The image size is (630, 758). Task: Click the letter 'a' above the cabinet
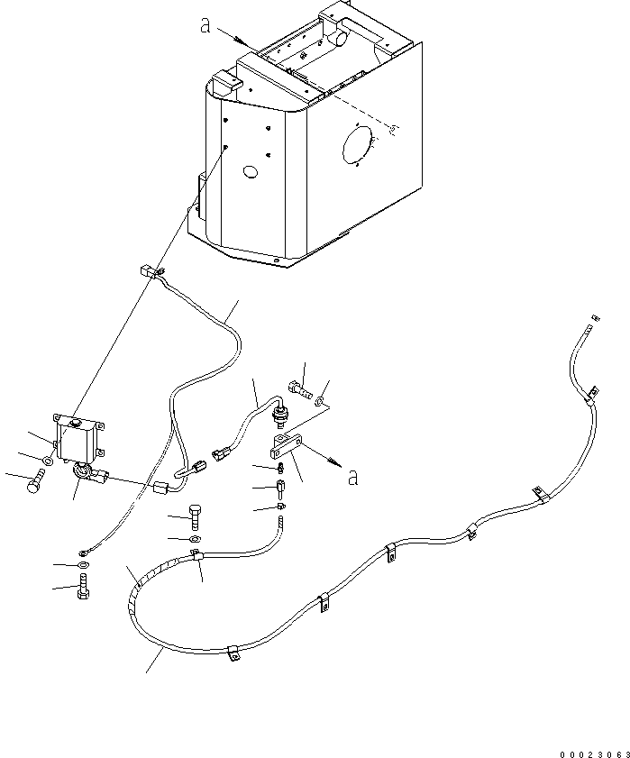tap(205, 25)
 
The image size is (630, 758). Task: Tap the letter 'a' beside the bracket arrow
tap(353, 477)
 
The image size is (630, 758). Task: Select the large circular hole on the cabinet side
tap(357, 144)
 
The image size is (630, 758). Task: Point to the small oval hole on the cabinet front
tap(251, 171)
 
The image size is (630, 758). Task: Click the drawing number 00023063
tap(595, 754)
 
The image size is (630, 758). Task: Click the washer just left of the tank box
tap(48, 461)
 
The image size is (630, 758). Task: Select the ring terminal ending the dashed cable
tap(84, 552)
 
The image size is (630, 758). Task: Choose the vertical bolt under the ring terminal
tap(83, 587)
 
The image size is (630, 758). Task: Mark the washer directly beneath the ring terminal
tap(83, 564)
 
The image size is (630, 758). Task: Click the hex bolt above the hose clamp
tap(195, 517)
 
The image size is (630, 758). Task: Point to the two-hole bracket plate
tap(287, 446)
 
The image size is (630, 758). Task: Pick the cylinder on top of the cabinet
tap(341, 38)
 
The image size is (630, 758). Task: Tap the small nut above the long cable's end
tap(596, 318)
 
